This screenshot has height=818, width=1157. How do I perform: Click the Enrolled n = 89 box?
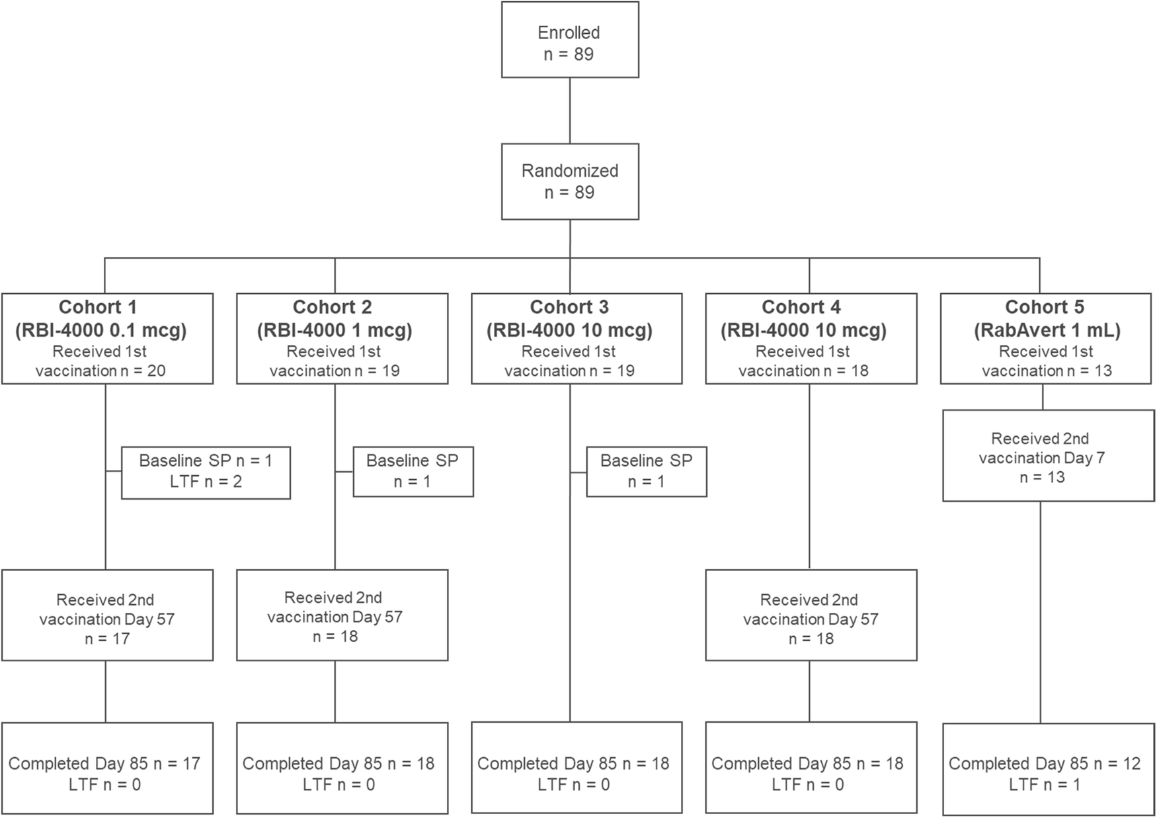569,40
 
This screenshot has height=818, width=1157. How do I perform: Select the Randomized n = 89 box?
569,181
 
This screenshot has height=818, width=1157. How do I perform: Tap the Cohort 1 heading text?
98,307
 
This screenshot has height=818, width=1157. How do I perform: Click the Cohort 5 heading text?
1045,307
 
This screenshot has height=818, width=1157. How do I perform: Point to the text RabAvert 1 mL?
1047,330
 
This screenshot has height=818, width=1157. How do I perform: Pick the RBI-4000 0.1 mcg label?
100,330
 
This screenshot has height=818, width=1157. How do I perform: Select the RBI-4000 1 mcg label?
335,330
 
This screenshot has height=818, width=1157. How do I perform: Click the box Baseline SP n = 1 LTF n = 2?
206,472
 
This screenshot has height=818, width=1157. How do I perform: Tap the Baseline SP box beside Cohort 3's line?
646,471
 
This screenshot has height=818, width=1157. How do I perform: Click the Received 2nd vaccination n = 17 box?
107,615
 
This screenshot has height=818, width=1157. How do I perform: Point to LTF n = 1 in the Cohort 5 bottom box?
1044,785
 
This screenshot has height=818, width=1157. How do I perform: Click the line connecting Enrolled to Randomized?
570,111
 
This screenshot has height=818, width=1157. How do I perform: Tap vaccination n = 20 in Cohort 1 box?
100,371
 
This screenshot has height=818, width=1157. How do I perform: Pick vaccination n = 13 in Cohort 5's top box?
1047,371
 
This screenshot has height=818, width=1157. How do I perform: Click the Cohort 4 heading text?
801,307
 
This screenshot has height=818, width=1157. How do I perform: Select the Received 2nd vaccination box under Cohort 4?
811,615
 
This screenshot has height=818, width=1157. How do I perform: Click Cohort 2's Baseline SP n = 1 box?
413,471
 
